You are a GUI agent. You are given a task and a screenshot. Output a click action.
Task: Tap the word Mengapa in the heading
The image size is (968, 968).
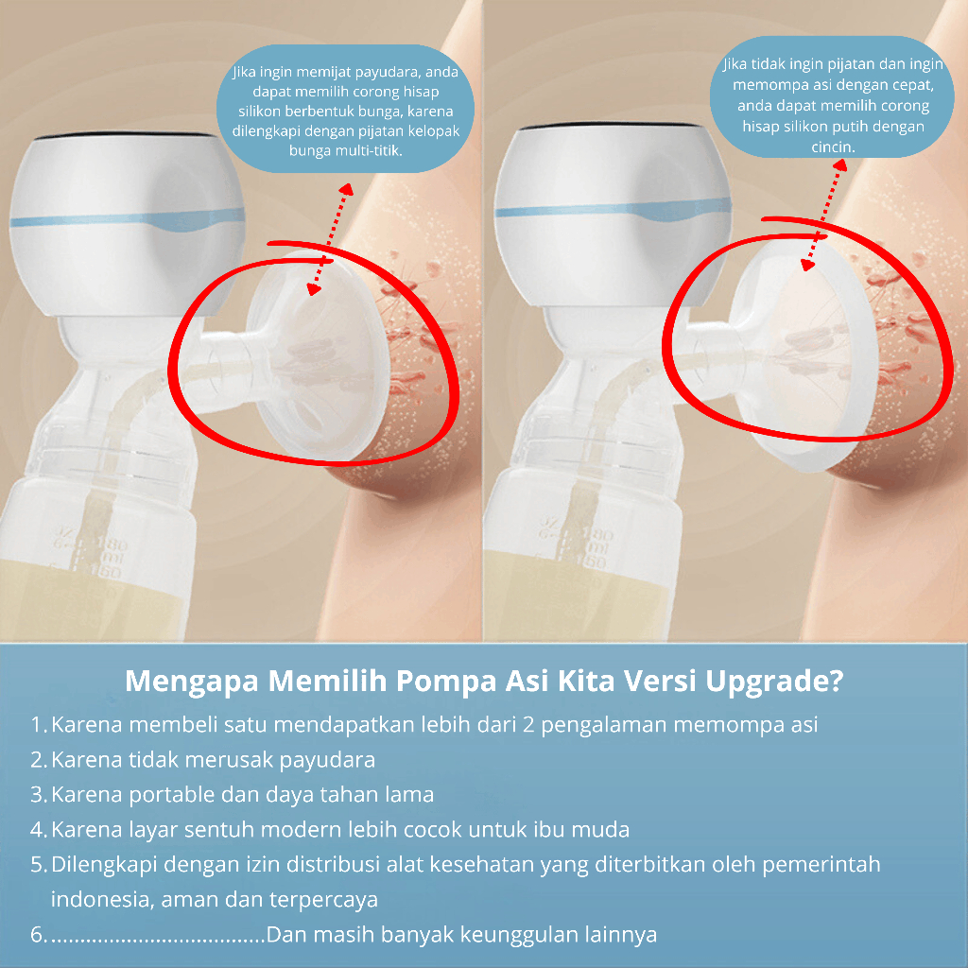point(191,682)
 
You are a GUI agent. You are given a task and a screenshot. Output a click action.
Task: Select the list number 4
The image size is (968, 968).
point(38,830)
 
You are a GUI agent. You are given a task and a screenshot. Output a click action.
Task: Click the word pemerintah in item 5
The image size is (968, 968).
point(821,865)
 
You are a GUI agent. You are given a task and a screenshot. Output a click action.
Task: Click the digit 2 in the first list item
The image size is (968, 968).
point(527,725)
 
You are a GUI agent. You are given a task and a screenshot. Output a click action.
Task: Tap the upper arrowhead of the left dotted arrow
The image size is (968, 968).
point(347,189)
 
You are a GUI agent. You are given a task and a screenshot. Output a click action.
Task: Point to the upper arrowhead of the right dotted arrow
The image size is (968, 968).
point(839,164)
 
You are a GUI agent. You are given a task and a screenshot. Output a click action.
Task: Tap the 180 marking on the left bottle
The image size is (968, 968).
point(112,545)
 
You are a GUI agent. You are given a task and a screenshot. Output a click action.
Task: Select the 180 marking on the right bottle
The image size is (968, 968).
point(597,535)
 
